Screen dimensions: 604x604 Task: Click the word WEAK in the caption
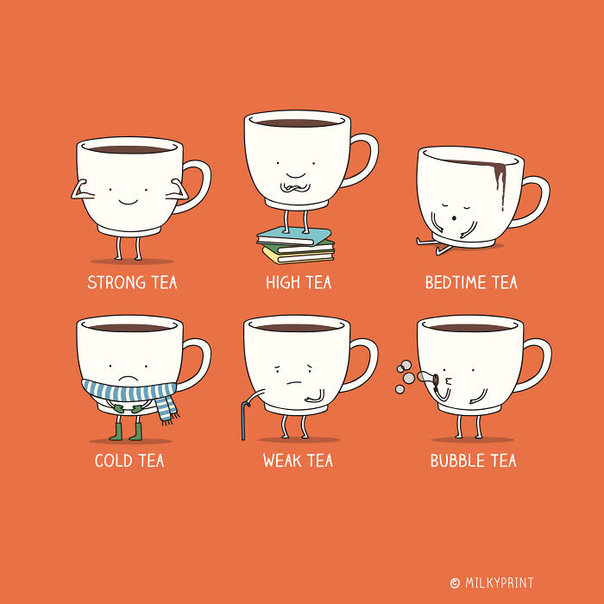click(281, 461)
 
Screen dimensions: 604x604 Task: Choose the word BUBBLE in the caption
click(457, 461)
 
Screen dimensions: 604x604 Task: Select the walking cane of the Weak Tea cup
click(247, 414)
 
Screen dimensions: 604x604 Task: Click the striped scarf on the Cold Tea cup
click(129, 391)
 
